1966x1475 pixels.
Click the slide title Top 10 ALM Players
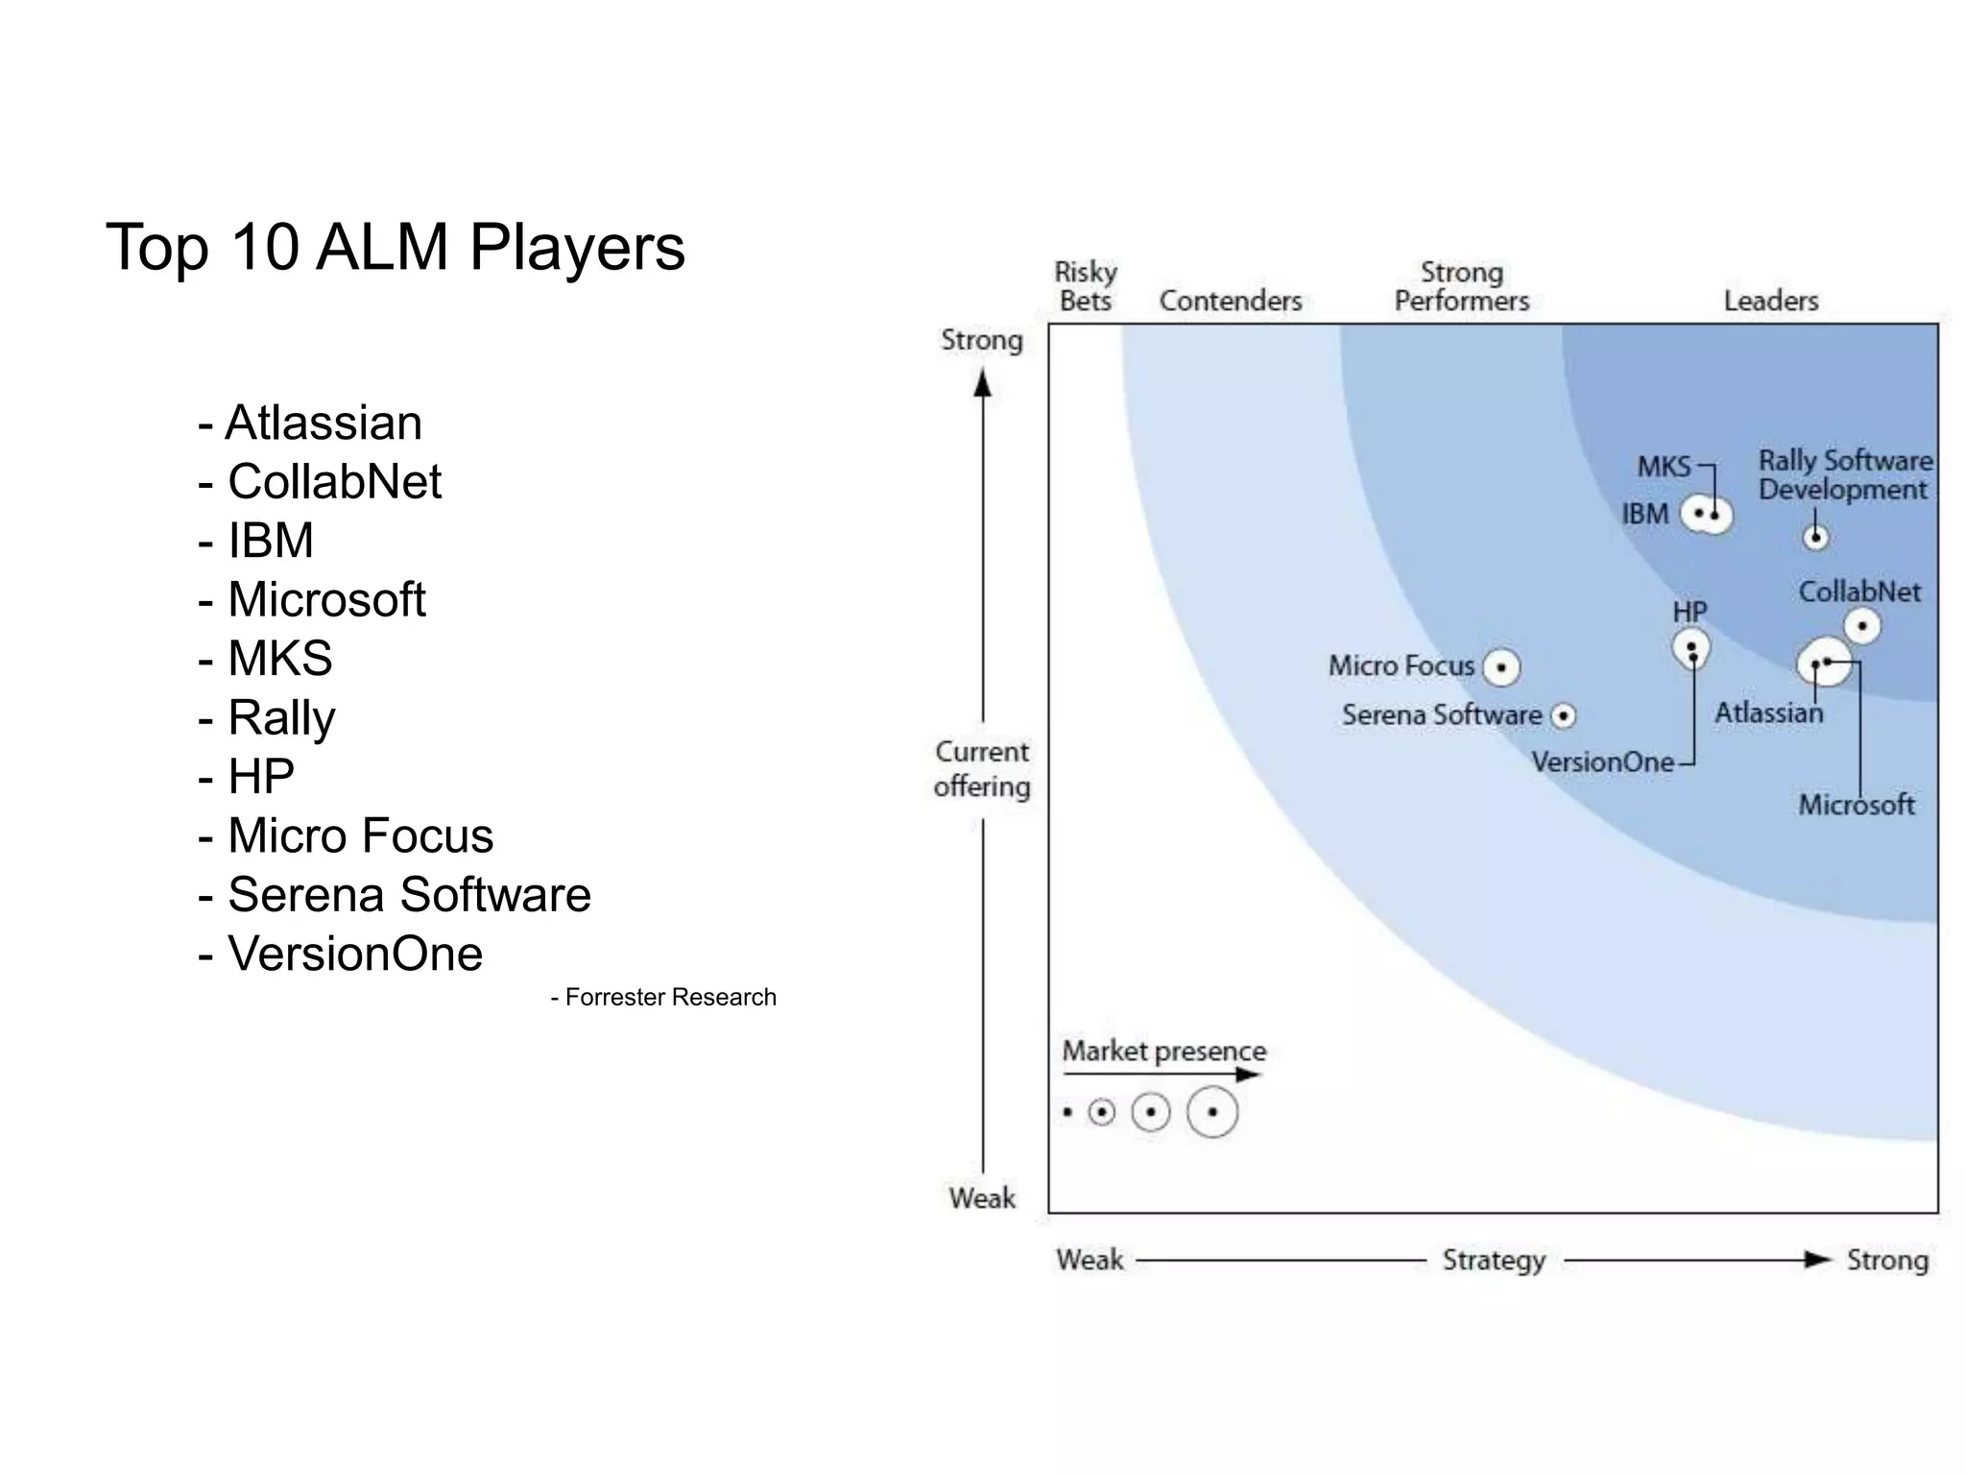(x=395, y=248)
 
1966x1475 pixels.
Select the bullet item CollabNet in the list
(x=333, y=481)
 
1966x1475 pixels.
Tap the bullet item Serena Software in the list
(x=408, y=895)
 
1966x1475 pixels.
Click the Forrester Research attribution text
(x=663, y=997)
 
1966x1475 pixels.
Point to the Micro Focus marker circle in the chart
(x=1501, y=666)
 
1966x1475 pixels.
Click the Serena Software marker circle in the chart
(x=1564, y=716)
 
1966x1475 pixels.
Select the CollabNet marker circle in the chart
(x=1862, y=627)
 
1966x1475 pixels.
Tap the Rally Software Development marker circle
(x=1815, y=537)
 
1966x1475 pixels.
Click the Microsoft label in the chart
(x=1856, y=805)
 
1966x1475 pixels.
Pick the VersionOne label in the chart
(x=1602, y=762)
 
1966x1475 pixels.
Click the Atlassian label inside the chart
(x=1768, y=713)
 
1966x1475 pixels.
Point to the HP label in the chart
(x=1690, y=612)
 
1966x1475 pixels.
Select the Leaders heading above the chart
(x=1770, y=301)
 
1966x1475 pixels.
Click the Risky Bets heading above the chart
(x=1086, y=286)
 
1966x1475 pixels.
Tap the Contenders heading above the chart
(x=1230, y=301)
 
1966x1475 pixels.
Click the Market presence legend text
(x=1163, y=1051)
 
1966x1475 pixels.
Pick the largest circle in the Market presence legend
(x=1212, y=1112)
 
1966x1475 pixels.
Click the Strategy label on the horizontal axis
(x=1494, y=1260)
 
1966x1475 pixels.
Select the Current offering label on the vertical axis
(x=982, y=769)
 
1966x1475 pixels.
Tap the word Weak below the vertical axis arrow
(x=982, y=1197)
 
